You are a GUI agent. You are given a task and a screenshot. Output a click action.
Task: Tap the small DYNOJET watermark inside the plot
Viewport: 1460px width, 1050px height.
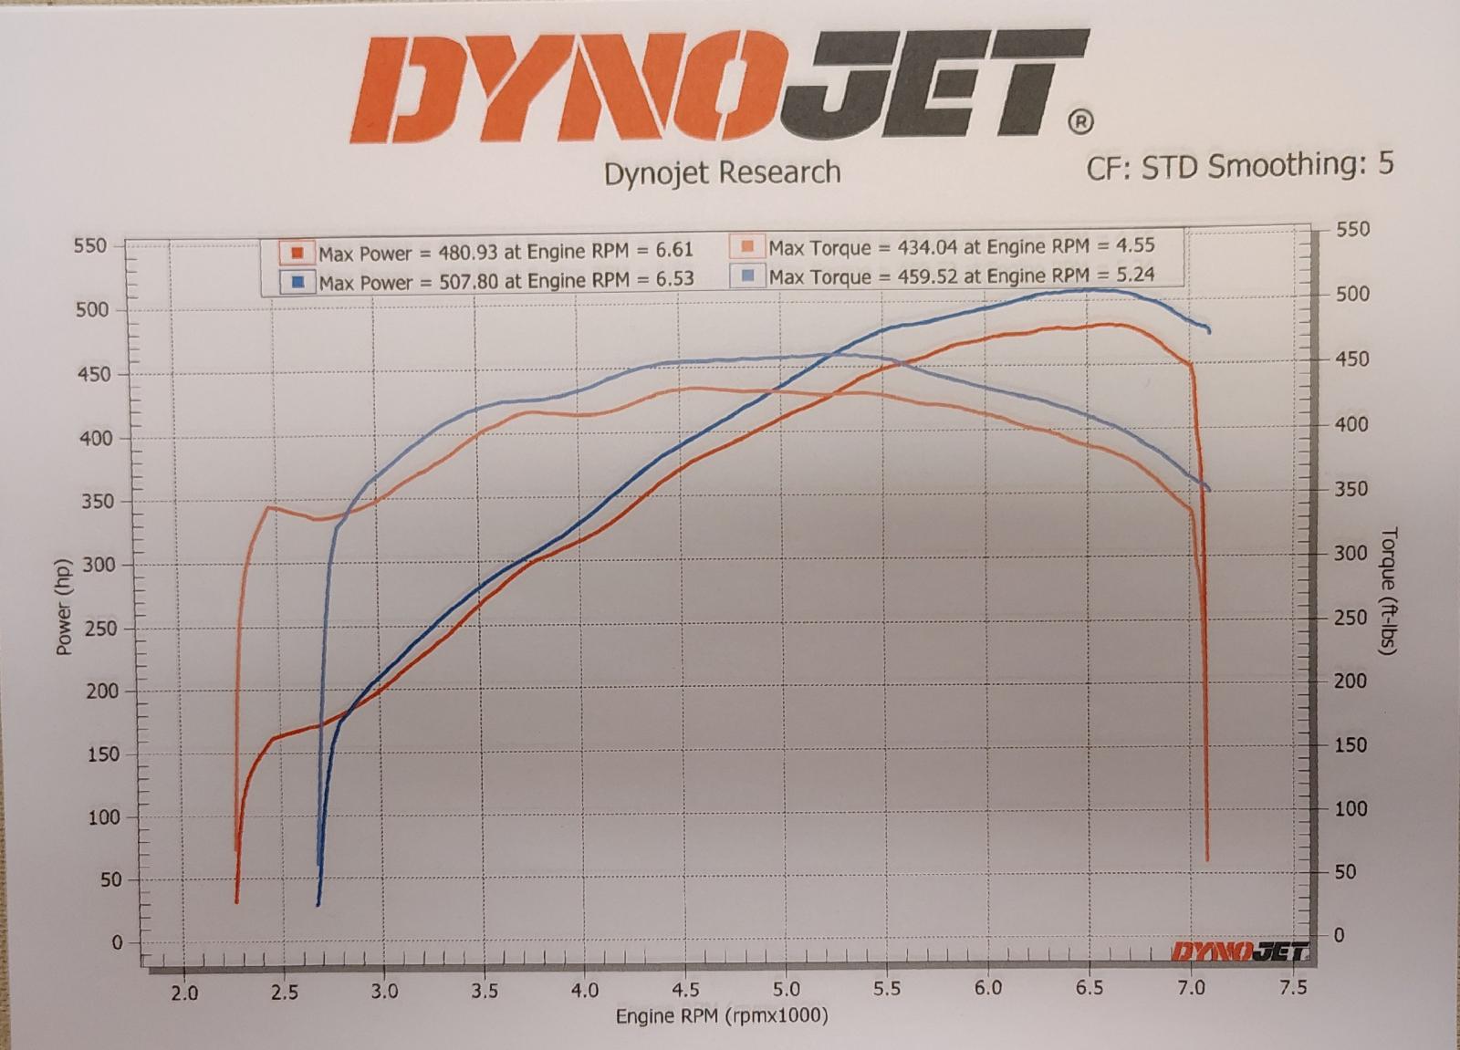pos(1239,952)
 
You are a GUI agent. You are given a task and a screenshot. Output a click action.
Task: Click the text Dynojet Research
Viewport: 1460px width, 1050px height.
pos(722,172)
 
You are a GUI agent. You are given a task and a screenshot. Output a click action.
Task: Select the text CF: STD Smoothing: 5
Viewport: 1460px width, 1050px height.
pos(1239,165)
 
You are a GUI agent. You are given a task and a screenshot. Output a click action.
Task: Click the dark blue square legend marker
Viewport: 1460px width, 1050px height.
pos(297,282)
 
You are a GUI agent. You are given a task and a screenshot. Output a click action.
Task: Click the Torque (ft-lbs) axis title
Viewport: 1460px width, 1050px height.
pos(1389,590)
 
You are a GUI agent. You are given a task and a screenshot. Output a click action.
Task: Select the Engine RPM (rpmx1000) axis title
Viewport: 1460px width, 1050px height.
pos(722,1015)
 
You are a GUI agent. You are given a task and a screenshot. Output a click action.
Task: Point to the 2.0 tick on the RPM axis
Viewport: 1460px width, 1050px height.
pos(184,992)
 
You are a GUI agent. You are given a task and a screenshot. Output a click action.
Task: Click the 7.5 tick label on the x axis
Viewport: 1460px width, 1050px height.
pos(1293,987)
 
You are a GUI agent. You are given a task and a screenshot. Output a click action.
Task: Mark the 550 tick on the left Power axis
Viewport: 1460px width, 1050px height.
pos(90,245)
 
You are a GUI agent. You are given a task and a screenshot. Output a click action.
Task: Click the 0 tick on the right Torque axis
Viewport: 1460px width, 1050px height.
pos(1339,934)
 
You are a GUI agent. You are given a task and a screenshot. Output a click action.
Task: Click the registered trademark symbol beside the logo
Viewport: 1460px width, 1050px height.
pos(1079,121)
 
